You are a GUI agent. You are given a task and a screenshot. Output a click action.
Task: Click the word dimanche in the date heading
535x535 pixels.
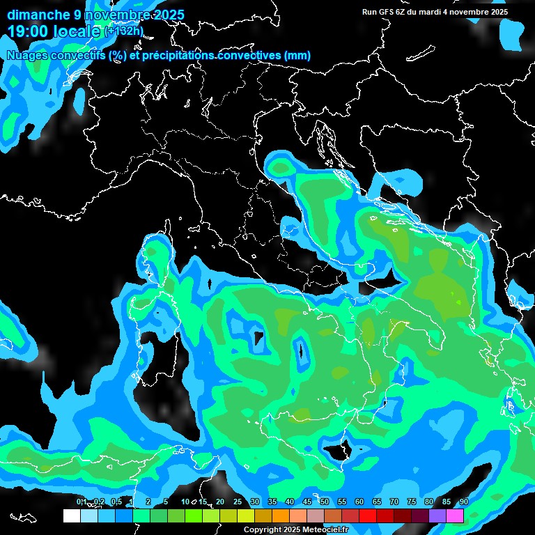click(x=38, y=15)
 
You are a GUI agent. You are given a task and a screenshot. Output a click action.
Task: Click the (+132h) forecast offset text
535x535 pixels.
click(x=123, y=31)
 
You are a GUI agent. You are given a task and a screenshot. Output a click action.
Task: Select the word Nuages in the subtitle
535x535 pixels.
click(x=26, y=56)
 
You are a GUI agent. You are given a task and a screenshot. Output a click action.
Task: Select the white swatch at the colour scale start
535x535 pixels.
click(x=71, y=515)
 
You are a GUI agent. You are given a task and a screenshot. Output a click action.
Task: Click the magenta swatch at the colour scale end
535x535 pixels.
click(x=456, y=515)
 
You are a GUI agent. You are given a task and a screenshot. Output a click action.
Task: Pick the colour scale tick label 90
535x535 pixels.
click(x=464, y=502)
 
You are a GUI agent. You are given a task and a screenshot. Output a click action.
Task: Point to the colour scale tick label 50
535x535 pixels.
click(x=325, y=502)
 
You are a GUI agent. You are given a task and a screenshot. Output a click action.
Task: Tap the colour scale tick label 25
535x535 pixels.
click(x=238, y=502)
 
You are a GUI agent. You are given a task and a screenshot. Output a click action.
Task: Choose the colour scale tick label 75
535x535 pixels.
click(x=412, y=502)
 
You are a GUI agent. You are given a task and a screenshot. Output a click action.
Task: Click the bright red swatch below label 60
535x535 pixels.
click(x=369, y=515)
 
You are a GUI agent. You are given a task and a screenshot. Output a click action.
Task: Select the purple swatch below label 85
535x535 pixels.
click(x=438, y=515)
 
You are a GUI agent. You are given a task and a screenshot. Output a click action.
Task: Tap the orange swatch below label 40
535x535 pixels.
click(x=281, y=515)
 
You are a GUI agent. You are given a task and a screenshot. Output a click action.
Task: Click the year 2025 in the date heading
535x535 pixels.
click(x=167, y=15)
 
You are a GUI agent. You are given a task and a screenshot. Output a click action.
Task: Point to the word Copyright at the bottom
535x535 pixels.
click(x=263, y=530)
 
